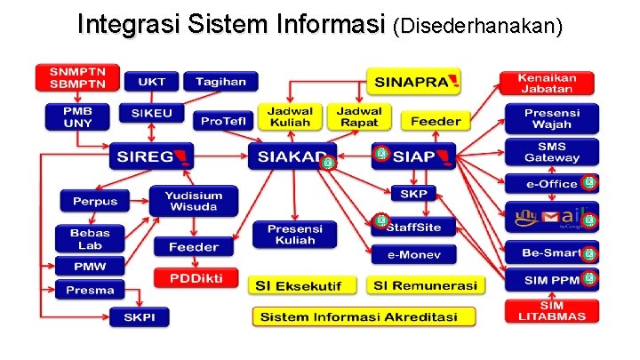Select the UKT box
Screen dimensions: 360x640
pos(151,82)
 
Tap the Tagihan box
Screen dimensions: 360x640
pos(220,82)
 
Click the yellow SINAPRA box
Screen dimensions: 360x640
pos(415,82)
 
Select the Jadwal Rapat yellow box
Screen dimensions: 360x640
pos(359,116)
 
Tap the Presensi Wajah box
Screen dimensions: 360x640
pos(551,118)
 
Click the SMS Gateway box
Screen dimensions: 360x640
pos(551,152)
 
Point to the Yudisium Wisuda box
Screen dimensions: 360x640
pos(194,200)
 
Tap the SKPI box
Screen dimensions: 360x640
pos(139,316)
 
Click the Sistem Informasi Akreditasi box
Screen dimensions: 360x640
pos(364,316)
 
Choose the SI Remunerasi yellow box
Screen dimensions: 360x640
pos(425,285)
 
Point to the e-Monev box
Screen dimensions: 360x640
pos(414,255)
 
